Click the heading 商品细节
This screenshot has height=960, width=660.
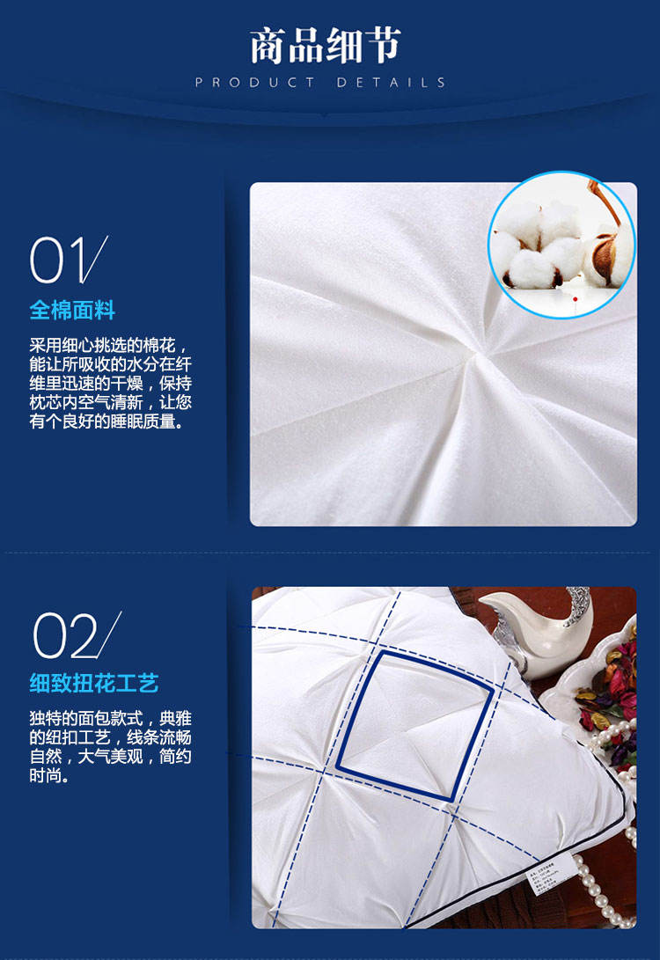(x=325, y=45)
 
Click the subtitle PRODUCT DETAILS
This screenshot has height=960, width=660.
(x=320, y=82)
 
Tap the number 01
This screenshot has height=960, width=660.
(x=69, y=260)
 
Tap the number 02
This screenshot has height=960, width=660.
(x=76, y=635)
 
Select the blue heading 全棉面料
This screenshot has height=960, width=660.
(x=72, y=311)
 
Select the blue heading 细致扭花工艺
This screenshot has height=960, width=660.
(x=94, y=683)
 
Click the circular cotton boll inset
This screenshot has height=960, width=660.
(x=561, y=245)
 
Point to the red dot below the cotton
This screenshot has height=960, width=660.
(x=575, y=299)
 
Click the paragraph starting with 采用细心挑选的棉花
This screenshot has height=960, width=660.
(x=111, y=384)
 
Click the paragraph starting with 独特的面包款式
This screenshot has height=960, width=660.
(x=111, y=747)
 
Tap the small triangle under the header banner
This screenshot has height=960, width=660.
(x=325, y=114)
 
